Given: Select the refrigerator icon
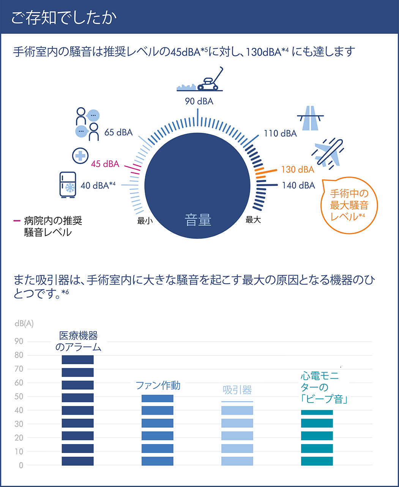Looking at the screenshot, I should pos(68,185).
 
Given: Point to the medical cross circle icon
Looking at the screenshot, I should pos(80,155).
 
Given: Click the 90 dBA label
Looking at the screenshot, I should pos(199,102).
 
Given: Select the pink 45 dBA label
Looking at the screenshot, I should pos(105,164).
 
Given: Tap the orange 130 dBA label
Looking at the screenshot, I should pos(298,170).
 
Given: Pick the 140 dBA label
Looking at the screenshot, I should pos(298,186).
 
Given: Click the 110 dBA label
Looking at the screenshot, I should pos(280,133).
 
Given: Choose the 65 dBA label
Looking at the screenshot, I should pos(118,132).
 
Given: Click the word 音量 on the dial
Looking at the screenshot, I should pos(198,220).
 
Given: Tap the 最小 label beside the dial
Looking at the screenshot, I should pos(145,220).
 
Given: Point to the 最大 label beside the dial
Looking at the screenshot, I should pos(253,220).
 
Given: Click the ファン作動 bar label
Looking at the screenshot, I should pos(158,385).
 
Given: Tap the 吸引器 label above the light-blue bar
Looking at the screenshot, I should pos(237,390).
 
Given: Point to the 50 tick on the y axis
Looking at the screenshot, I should pos(19,397).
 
